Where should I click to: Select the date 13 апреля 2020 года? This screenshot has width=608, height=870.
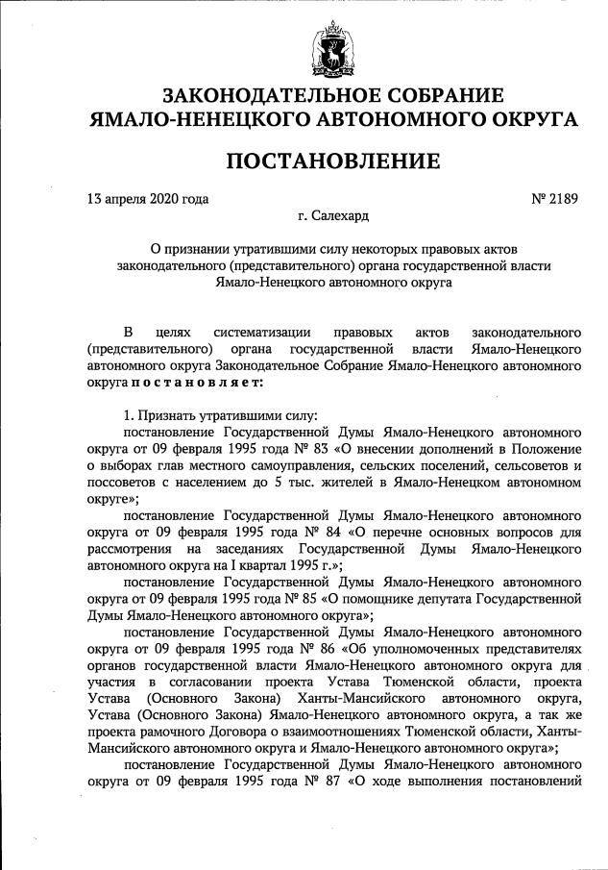tap(148, 200)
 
